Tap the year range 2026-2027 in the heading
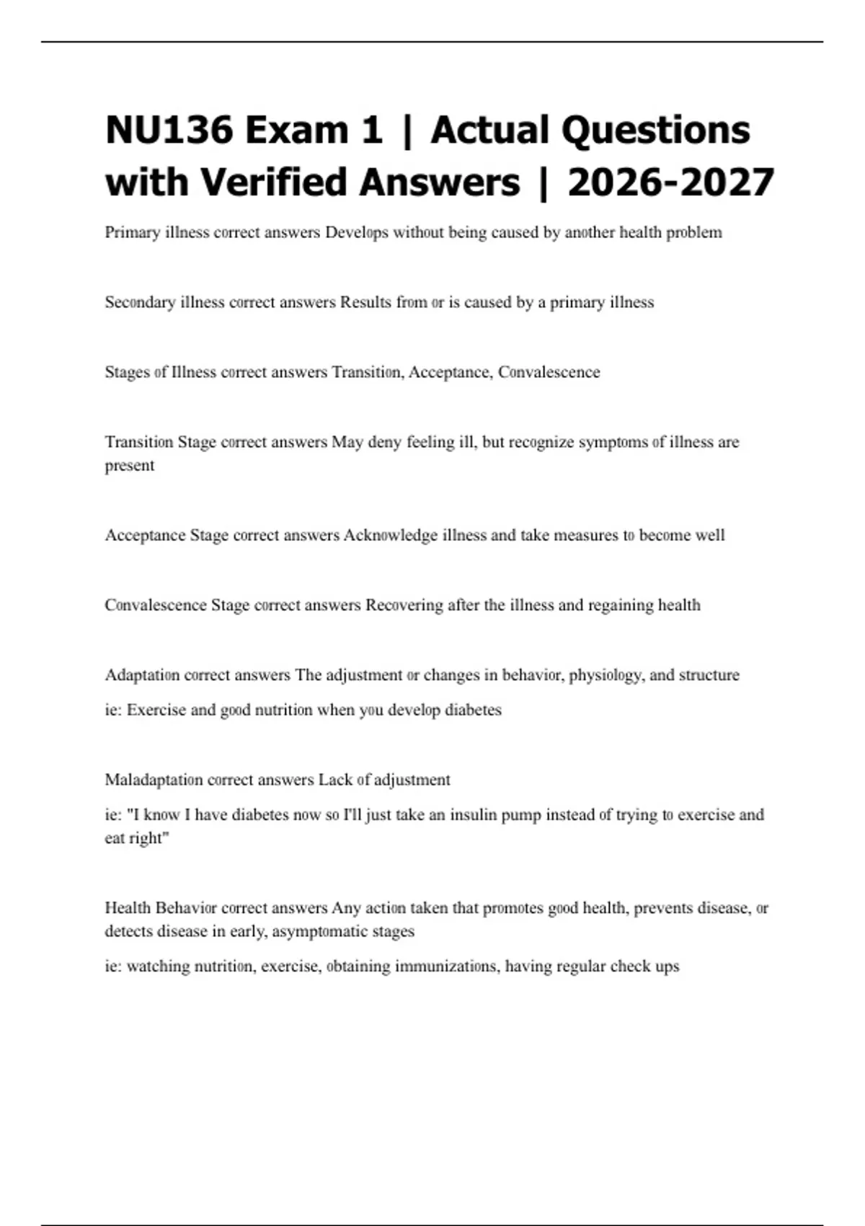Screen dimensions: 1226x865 [x=670, y=182]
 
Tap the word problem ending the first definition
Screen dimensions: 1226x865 [x=693, y=232]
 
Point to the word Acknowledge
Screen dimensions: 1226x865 [x=390, y=535]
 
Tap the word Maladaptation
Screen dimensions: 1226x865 [x=154, y=780]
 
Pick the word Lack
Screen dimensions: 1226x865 [x=335, y=780]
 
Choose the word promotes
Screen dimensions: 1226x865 [x=513, y=908]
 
